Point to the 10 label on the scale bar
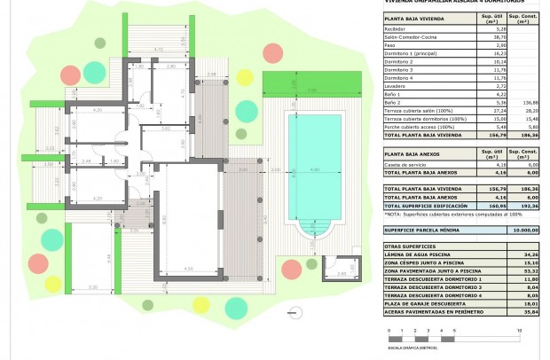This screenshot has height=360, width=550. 518,332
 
